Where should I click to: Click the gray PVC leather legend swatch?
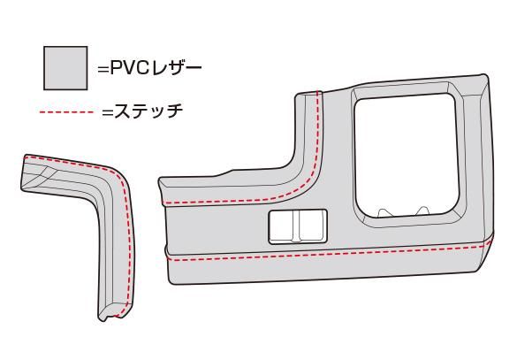click(x=65, y=68)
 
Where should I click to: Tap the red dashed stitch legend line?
click(x=66, y=112)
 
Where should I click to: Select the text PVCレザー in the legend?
click(x=156, y=69)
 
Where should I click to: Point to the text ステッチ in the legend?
click(x=148, y=111)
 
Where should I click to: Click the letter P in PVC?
click(x=116, y=69)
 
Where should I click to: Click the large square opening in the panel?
click(x=406, y=155)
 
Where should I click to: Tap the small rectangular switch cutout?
click(x=298, y=226)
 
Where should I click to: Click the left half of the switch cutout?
click(x=282, y=226)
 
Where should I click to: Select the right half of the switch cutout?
click(x=312, y=226)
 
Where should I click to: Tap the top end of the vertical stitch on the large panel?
click(x=318, y=91)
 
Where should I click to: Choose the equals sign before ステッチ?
click(x=108, y=112)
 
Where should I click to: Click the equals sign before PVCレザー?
click(x=103, y=70)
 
